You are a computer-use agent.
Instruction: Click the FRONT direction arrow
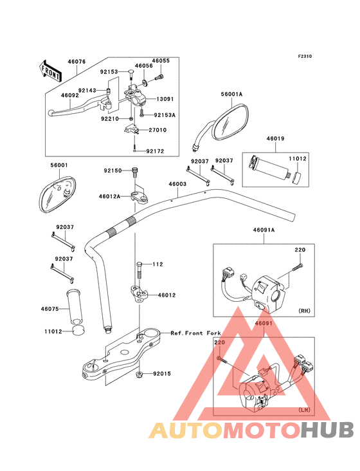point(50,71)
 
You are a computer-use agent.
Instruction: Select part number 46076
point(76,62)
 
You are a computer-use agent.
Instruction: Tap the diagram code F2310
point(305,56)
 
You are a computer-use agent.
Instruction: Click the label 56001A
point(231,94)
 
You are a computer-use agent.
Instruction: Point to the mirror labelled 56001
point(57,195)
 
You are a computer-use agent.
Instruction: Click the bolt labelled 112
point(139,271)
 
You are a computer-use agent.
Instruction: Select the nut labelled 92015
point(139,374)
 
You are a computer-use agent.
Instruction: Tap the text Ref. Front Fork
point(195,333)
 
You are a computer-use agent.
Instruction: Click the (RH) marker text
point(304,311)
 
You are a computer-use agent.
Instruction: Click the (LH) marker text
point(304,410)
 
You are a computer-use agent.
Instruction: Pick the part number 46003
point(177,184)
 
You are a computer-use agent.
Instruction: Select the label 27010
point(157,130)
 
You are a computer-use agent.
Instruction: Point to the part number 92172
point(155,151)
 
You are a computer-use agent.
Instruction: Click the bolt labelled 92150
point(134,172)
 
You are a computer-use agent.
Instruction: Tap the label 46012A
point(109,196)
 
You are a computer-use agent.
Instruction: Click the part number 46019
point(275,138)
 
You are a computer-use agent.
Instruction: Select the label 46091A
point(264,230)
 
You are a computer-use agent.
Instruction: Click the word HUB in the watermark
point(327,430)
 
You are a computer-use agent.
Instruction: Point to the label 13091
point(165,99)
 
